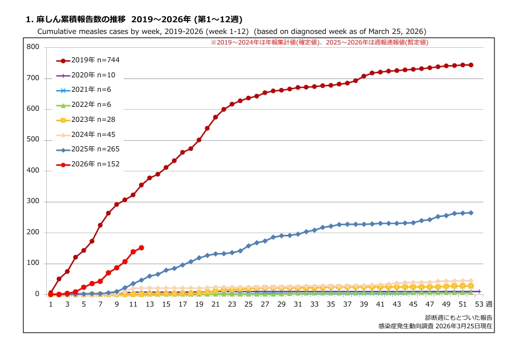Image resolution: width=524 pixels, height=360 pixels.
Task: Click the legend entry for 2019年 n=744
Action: tap(88, 60)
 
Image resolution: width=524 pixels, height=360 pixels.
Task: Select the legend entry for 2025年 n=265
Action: tap(88, 149)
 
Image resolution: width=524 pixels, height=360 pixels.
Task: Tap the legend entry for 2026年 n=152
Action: tap(88, 164)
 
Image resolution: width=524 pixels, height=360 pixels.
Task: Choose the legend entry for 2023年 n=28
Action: tap(88, 120)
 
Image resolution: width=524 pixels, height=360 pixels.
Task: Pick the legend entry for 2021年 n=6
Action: tap(88, 90)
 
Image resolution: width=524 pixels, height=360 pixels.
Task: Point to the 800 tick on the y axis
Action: tap(33, 47)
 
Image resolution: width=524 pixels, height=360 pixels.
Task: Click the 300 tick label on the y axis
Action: tap(33, 202)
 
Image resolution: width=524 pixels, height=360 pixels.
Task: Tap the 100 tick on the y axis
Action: tap(33, 264)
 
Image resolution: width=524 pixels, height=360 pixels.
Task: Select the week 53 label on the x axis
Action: tap(479, 304)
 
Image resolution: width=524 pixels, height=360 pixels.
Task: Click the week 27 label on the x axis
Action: tap(265, 304)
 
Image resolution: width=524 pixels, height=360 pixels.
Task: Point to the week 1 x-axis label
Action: tap(51, 304)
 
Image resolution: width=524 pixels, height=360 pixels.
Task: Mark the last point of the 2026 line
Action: tap(141, 248)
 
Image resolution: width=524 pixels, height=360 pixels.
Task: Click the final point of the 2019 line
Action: tap(471, 65)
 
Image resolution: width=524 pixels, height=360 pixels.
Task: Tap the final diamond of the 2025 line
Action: tap(471, 213)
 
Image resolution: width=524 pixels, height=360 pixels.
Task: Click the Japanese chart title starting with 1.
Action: tap(134, 19)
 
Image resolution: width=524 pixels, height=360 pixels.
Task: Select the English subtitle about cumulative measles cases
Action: tap(232, 31)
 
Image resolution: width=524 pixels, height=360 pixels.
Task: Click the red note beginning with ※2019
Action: tap(319, 42)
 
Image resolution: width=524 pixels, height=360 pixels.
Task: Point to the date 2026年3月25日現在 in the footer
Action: tap(466, 326)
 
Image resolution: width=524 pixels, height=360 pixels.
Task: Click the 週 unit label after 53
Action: tap(488, 304)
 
